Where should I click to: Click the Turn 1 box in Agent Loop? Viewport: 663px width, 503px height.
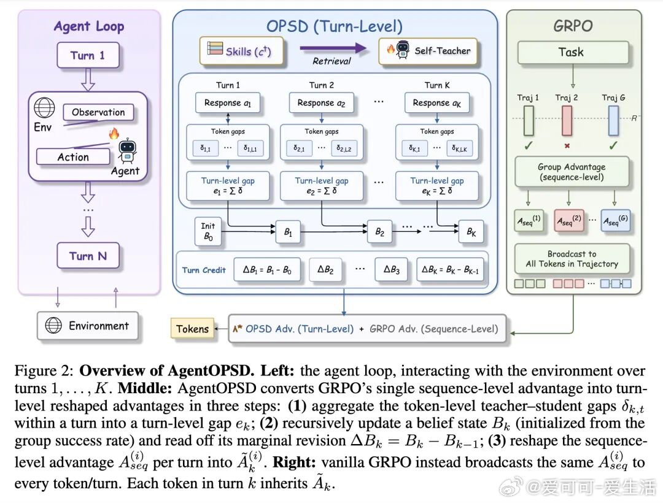click(88, 55)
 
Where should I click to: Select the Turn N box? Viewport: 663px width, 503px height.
click(88, 256)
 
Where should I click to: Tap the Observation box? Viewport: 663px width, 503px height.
click(98, 112)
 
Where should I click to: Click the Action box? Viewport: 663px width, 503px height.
click(73, 156)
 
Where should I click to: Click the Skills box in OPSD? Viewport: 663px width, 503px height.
click(241, 51)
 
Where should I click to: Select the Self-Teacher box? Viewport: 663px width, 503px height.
click(428, 51)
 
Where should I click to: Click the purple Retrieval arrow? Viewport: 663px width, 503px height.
click(333, 48)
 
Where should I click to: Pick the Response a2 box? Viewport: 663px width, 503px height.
click(321, 103)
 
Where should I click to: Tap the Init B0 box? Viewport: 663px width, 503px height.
click(208, 231)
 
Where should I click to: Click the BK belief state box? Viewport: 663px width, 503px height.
click(471, 231)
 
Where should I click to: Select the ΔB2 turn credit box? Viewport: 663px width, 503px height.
click(325, 269)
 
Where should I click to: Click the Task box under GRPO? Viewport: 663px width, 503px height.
click(573, 52)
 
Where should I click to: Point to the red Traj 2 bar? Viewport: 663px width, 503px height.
click(567, 120)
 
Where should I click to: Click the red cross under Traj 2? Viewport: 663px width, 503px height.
click(567, 146)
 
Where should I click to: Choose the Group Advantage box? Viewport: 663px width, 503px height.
click(572, 172)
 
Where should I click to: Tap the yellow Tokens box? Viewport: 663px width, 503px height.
click(192, 329)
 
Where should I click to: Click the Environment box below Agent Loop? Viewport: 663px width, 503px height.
click(88, 326)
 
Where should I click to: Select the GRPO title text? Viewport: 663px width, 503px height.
click(573, 26)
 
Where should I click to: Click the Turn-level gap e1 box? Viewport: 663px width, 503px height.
click(228, 185)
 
